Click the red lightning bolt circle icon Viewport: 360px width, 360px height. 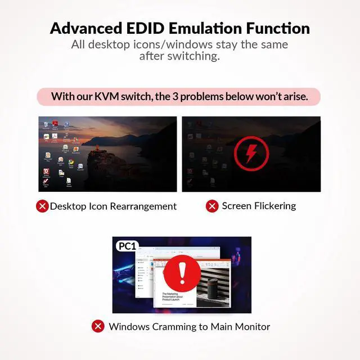(x=251, y=152)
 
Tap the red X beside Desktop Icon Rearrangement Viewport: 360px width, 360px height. (x=42, y=206)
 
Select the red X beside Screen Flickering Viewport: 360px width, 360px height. (x=212, y=206)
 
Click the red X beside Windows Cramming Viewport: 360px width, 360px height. (x=98, y=327)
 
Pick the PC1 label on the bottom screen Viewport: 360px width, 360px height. (x=127, y=246)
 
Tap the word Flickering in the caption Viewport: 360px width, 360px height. (x=274, y=206)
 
